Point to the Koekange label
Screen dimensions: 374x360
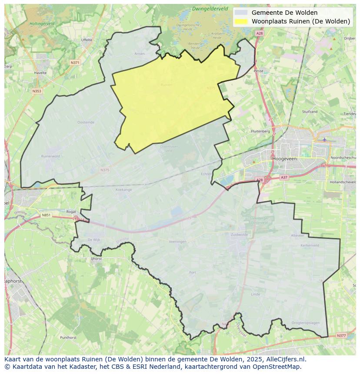point(123,190)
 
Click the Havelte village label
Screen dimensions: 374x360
point(40,73)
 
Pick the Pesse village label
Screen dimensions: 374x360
point(258,70)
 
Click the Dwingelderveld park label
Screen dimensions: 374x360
point(210,8)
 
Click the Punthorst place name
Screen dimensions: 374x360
point(68,337)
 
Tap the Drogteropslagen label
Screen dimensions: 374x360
point(306,323)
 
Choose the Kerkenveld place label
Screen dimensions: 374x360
point(310,245)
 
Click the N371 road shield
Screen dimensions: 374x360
point(75,63)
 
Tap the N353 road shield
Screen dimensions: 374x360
point(37,91)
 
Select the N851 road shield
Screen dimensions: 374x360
point(46,215)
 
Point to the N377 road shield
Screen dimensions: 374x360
point(341,335)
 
